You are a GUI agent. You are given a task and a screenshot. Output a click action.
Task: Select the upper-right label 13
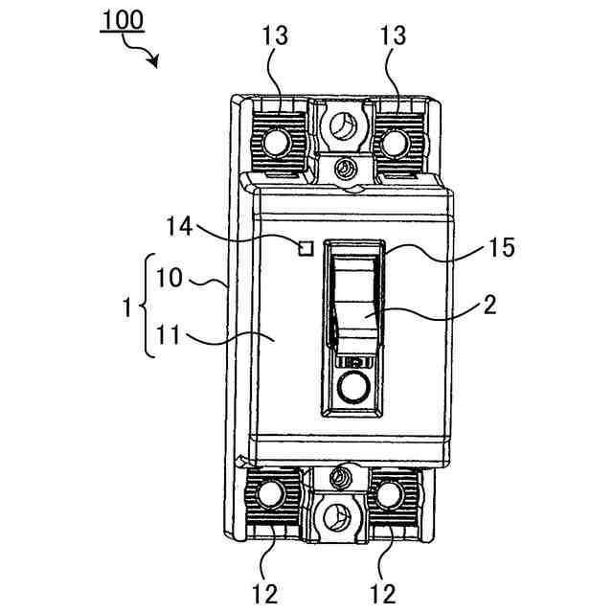(x=393, y=37)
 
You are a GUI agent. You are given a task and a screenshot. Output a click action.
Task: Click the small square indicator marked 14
(x=306, y=249)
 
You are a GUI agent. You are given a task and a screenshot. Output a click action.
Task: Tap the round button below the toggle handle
(x=352, y=387)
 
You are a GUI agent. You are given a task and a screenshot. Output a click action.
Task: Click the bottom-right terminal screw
(x=390, y=494)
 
